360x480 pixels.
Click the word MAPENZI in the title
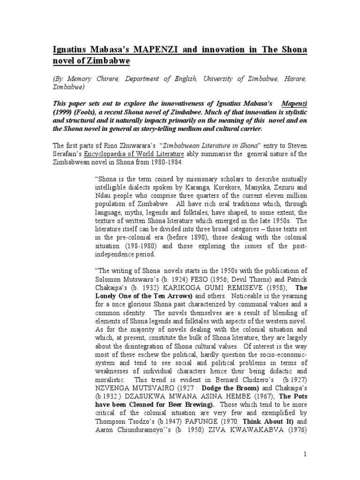(146, 50)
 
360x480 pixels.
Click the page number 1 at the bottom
(305, 467)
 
